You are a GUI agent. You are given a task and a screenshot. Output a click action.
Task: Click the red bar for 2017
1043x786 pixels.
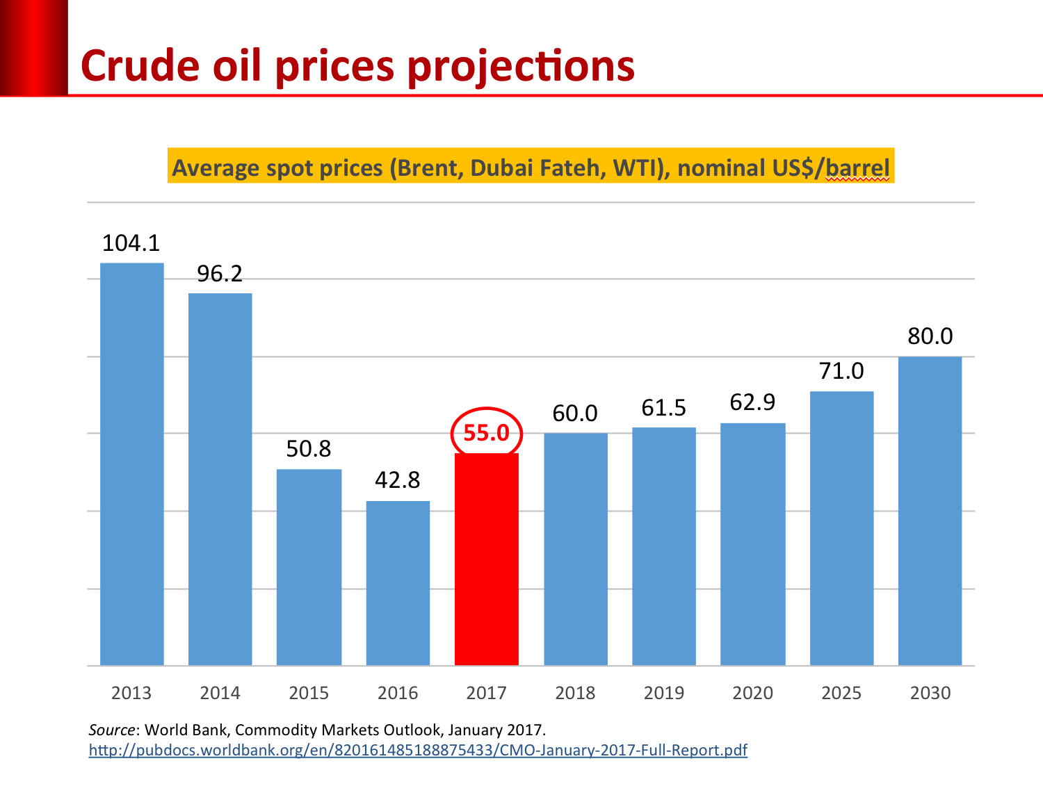tap(486, 559)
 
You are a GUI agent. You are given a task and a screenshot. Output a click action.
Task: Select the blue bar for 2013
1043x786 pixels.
tap(132, 464)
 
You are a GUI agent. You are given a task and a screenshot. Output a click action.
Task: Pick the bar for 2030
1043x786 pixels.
tap(930, 511)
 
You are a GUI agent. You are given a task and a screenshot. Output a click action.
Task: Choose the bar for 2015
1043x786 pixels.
tap(309, 567)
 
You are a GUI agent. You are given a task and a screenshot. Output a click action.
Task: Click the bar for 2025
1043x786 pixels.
tap(841, 528)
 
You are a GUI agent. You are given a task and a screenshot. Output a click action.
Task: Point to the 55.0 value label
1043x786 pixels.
tap(486, 433)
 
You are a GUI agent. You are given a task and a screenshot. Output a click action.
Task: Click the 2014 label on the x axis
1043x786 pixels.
tap(220, 693)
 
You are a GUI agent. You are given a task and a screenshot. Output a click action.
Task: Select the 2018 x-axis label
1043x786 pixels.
tap(575, 693)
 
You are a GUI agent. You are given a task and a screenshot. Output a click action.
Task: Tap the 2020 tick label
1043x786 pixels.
tap(752, 693)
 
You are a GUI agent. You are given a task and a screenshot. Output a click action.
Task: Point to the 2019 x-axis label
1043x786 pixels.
tap(664, 693)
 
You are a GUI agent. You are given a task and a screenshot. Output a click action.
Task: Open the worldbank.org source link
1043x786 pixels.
tap(418, 750)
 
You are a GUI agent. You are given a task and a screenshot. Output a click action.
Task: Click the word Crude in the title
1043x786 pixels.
tap(140, 67)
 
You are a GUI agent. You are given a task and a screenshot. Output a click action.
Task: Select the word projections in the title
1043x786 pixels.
tap(520, 67)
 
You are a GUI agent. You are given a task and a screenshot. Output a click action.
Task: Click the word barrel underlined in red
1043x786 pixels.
tap(857, 168)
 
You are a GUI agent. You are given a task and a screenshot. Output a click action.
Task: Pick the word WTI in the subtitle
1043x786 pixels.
tap(638, 168)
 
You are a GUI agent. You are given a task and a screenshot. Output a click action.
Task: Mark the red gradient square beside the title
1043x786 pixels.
tap(33, 47)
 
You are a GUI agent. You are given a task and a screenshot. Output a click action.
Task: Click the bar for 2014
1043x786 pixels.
tap(220, 479)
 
